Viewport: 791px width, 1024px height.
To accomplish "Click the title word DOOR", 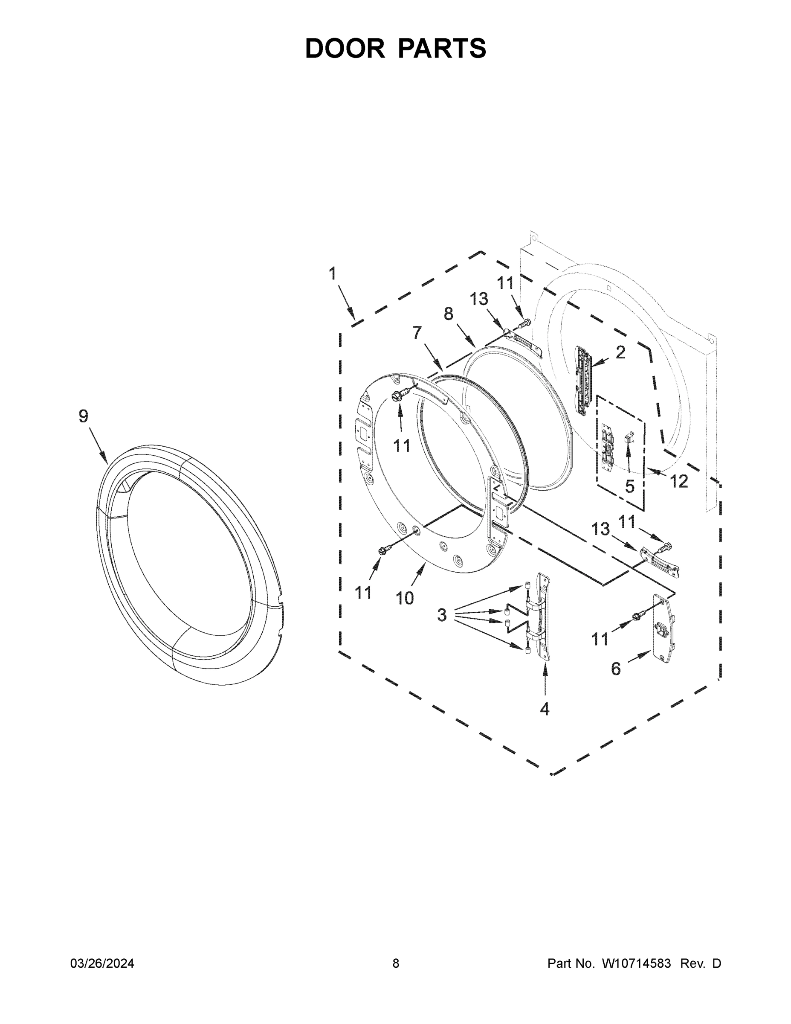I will click(x=345, y=48).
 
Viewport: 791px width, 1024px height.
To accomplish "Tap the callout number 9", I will click(x=84, y=416).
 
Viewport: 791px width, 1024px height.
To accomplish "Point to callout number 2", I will click(x=620, y=352).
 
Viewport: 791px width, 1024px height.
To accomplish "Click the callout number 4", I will click(x=545, y=709).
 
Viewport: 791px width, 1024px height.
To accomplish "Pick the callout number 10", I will click(x=405, y=598).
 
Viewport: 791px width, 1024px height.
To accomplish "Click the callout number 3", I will click(x=442, y=615).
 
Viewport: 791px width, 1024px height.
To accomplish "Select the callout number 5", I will click(x=630, y=487).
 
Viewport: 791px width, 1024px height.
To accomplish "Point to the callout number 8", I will click(x=449, y=314).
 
